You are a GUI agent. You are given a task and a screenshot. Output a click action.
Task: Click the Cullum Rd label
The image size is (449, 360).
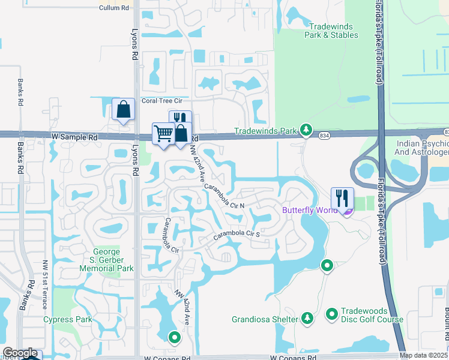point(115,8)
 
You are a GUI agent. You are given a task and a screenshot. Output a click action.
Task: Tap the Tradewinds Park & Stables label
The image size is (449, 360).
point(333,31)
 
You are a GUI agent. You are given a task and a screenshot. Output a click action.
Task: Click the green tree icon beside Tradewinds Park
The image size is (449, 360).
point(307,130)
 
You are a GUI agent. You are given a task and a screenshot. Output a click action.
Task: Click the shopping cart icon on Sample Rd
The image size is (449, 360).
point(163,133)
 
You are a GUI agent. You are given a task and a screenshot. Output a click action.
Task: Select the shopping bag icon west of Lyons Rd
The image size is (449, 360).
point(123,109)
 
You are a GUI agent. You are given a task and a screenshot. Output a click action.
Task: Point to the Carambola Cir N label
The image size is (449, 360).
point(224,197)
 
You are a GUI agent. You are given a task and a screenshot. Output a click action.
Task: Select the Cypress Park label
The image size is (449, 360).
point(68,319)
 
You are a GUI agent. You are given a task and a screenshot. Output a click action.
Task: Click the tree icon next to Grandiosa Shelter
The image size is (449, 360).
point(307,317)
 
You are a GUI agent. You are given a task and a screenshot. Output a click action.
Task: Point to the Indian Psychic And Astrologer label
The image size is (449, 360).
point(422,148)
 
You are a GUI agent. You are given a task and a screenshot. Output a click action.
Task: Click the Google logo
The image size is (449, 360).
point(20,353)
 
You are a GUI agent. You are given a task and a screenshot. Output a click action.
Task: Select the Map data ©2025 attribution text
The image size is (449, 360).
point(423,355)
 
